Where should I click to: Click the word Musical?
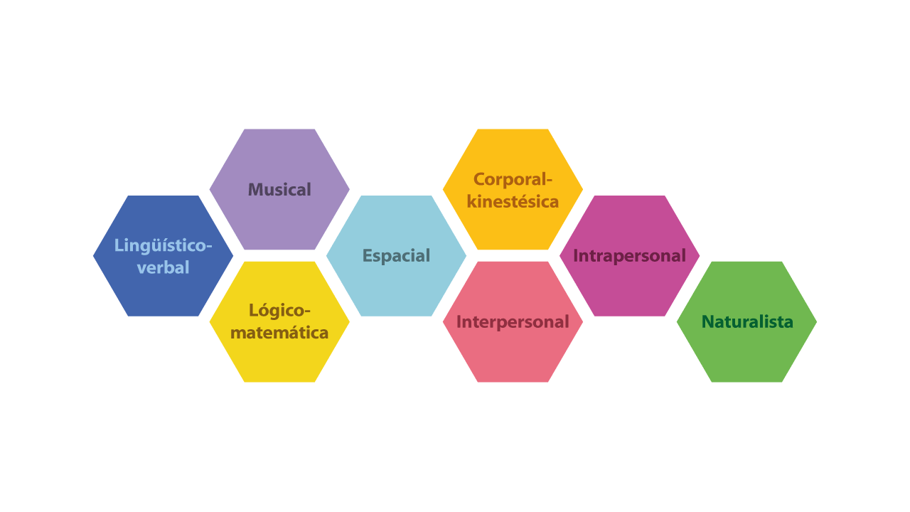tap(279, 190)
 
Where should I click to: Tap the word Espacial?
tap(396, 256)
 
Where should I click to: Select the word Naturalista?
tap(747, 322)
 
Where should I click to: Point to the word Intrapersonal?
tap(629, 256)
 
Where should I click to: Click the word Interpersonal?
tap(513, 322)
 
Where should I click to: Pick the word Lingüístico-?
tap(164, 245)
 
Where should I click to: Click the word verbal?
tap(164, 268)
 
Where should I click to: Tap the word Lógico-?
tap(279, 311)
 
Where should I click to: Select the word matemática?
tap(279, 333)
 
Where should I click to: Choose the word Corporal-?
tap(513, 179)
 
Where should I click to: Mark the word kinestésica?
tap(513, 202)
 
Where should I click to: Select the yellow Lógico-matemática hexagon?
tap(279, 359)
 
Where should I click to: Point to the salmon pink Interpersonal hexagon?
tap(513, 356)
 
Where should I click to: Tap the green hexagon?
tap(746, 356)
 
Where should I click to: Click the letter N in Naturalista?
tap(708, 322)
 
